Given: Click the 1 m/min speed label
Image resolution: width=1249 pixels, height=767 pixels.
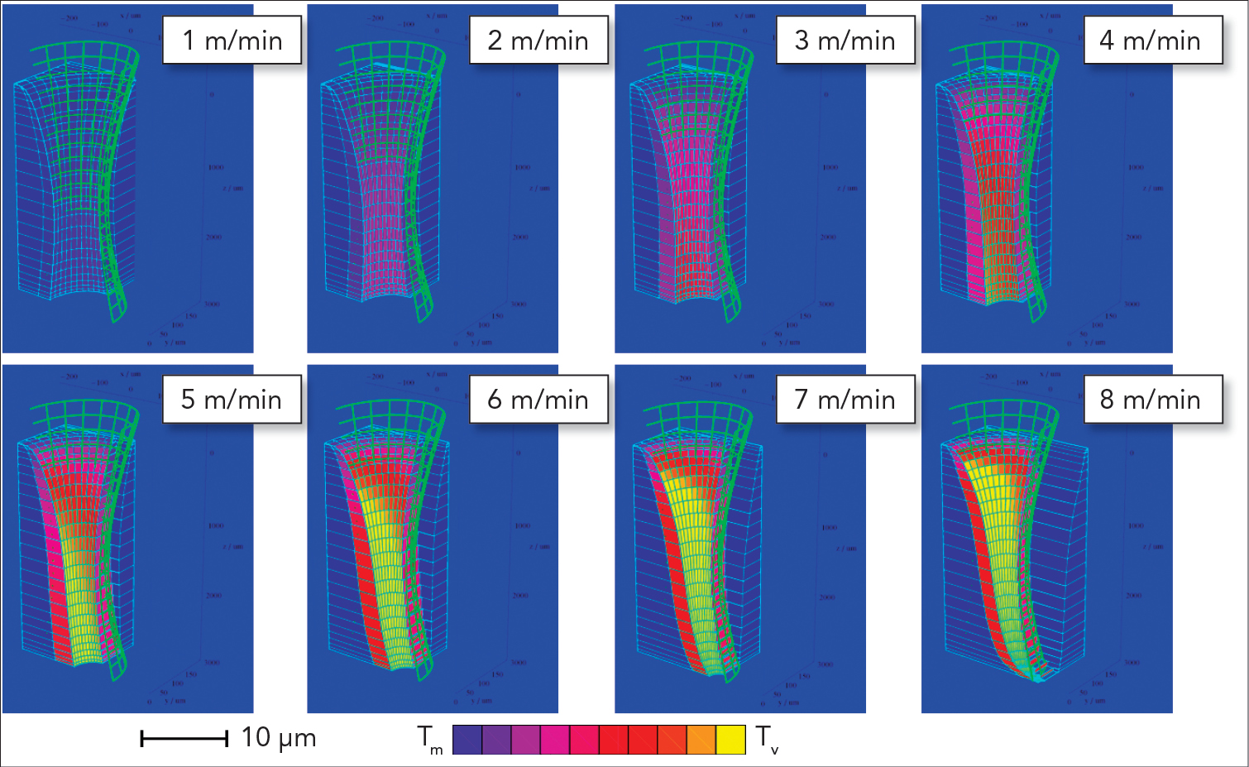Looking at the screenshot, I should click(x=232, y=41).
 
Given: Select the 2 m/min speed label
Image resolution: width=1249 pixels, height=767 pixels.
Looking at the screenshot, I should click(x=538, y=41).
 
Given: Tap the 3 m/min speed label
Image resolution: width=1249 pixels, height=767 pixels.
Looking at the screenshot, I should click(x=845, y=41).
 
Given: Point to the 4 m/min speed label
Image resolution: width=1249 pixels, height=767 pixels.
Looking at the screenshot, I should click(x=1152, y=41).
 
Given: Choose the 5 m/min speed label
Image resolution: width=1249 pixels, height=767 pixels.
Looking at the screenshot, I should click(x=232, y=400).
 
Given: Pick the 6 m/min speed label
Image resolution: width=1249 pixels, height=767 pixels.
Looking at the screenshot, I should click(x=538, y=400).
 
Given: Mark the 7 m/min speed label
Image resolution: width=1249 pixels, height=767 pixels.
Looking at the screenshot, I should click(x=845, y=400).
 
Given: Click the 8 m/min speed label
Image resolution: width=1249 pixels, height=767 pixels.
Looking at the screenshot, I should click(x=1152, y=400).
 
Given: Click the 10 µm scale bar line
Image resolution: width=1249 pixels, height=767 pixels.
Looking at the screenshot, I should click(x=184, y=739).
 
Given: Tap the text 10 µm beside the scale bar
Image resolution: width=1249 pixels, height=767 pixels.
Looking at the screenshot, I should click(x=279, y=737).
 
